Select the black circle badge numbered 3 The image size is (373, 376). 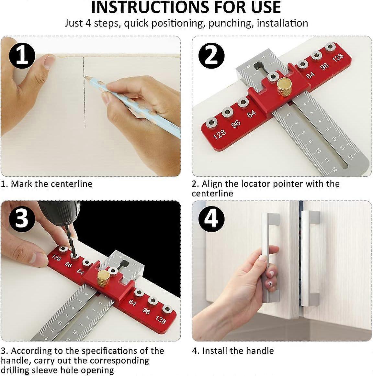click(22, 219)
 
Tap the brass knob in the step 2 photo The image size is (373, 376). click(284, 86)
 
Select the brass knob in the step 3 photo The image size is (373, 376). click(103, 278)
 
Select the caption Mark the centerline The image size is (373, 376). click(47, 184)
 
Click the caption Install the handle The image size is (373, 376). click(233, 351)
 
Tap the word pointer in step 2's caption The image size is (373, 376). click(287, 184)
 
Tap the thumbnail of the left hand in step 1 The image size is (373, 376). click(50, 61)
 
